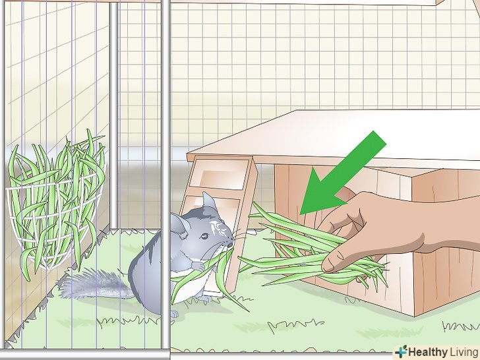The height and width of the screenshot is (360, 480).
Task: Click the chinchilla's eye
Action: click(x=204, y=236)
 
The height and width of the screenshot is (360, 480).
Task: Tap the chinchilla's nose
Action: click(x=229, y=245)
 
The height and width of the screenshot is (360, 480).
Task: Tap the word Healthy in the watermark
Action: click(x=427, y=351)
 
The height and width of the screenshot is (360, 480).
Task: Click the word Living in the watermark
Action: click(x=464, y=352)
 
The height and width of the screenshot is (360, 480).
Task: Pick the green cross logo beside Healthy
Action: click(x=402, y=351)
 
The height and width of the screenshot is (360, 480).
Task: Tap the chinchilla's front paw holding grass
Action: click(x=197, y=266)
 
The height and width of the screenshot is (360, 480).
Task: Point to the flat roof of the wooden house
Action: click(x=334, y=137)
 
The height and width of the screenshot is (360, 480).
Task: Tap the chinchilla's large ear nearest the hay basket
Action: click(x=179, y=226)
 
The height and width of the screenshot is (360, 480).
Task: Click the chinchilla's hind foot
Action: click(x=174, y=314)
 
